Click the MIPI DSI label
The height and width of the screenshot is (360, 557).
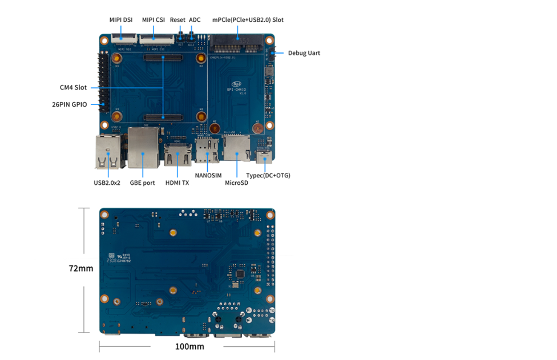pos(121,20)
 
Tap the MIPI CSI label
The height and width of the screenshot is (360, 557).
pos(153,20)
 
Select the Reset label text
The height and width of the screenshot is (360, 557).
pos(177,20)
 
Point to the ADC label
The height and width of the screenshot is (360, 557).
pos(195,20)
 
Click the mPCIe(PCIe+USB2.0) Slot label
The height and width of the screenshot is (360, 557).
pos(248,20)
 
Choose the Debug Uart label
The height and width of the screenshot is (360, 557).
pos(304,53)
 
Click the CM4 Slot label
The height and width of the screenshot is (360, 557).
pos(73,88)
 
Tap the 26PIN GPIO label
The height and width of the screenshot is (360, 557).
pos(69,105)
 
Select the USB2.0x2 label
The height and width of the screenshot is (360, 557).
pos(107,183)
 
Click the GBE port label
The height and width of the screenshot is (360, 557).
pos(142,183)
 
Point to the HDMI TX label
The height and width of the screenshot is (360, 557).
pos(177,183)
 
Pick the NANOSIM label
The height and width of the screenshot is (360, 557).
pos(208,176)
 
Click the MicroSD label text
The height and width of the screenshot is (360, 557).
pos(236,183)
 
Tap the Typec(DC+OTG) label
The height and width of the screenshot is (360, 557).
pos(268,176)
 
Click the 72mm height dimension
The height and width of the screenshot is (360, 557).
pos(81,268)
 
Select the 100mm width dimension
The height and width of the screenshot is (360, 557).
pos(189,346)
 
